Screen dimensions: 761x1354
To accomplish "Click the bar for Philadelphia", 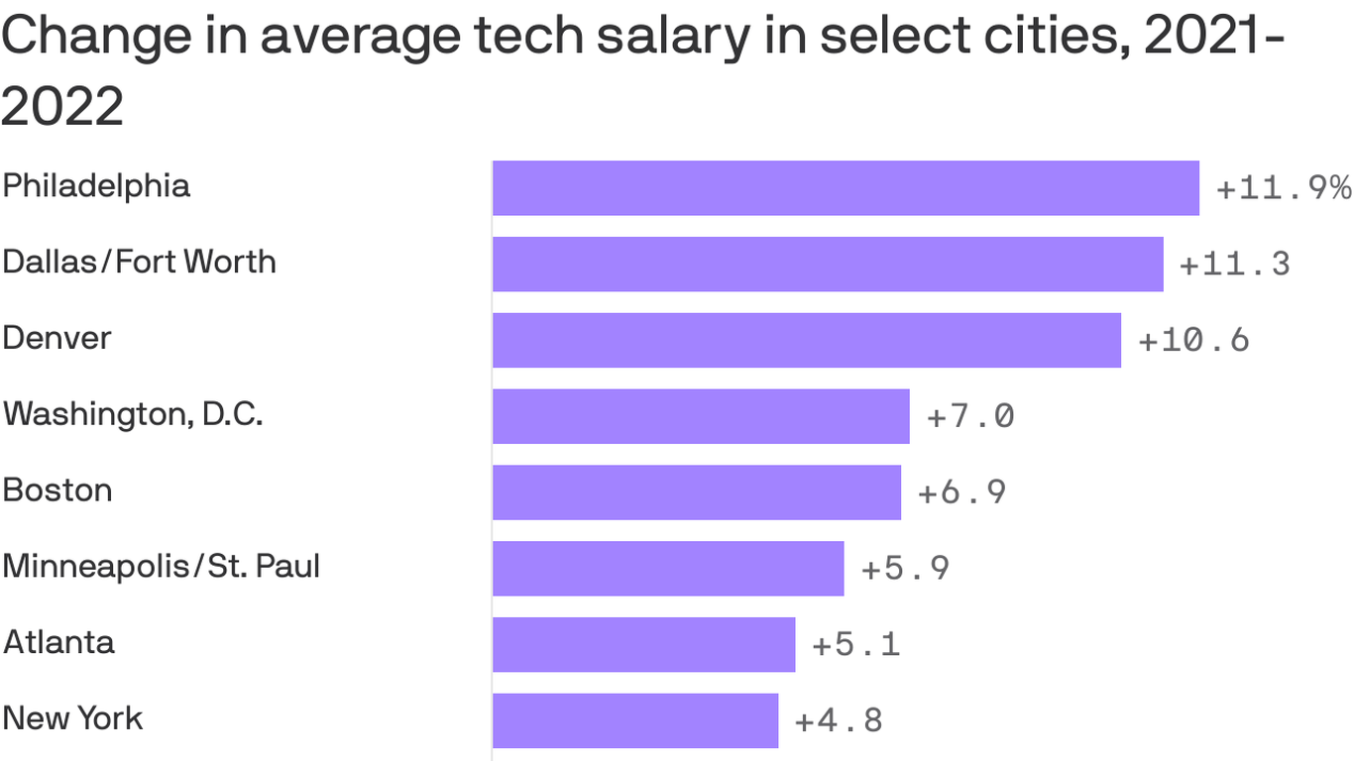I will (846, 188).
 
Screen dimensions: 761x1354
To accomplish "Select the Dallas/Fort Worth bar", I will (828, 265).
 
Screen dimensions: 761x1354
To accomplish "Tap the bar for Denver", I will (807, 341).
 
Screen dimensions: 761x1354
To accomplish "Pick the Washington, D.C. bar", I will (701, 416).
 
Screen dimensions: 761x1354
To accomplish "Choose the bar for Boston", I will (697, 492).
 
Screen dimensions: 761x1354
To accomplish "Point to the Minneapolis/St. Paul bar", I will (668, 569).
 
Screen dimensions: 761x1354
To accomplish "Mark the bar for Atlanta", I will (644, 645).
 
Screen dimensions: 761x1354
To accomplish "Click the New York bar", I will (635, 720).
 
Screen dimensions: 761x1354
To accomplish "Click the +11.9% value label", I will (1284, 188).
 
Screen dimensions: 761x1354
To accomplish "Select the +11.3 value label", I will (1235, 265).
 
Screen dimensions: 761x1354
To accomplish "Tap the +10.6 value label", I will (1194, 341).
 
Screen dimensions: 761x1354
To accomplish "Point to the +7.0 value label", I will (970, 416).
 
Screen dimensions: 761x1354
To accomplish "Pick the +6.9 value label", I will (962, 492).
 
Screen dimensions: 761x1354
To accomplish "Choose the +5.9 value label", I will (906, 569).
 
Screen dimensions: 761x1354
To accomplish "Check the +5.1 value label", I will (856, 645).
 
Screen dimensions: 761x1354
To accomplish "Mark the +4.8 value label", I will (839, 720).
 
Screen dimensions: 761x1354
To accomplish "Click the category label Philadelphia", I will (96, 186).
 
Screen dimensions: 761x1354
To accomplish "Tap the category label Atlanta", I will (59, 642).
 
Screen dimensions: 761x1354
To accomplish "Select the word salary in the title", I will (674, 38).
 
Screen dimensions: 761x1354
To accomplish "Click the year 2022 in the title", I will (62, 106).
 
